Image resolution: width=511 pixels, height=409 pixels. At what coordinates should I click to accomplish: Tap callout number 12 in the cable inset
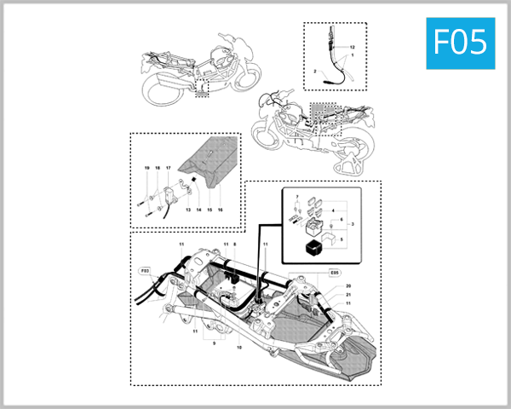pos(351,44)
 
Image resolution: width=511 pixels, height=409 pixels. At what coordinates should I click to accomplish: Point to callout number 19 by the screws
pos(146,170)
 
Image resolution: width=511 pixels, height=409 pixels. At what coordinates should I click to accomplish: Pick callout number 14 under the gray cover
pos(198,208)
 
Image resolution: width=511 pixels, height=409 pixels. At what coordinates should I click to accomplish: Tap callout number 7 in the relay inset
pos(296,198)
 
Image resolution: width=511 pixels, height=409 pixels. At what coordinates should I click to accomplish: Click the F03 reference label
pos(145,271)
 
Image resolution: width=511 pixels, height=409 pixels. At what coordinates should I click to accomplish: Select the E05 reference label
pos(334,274)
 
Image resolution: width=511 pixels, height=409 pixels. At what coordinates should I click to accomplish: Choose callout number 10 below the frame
pos(239,348)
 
